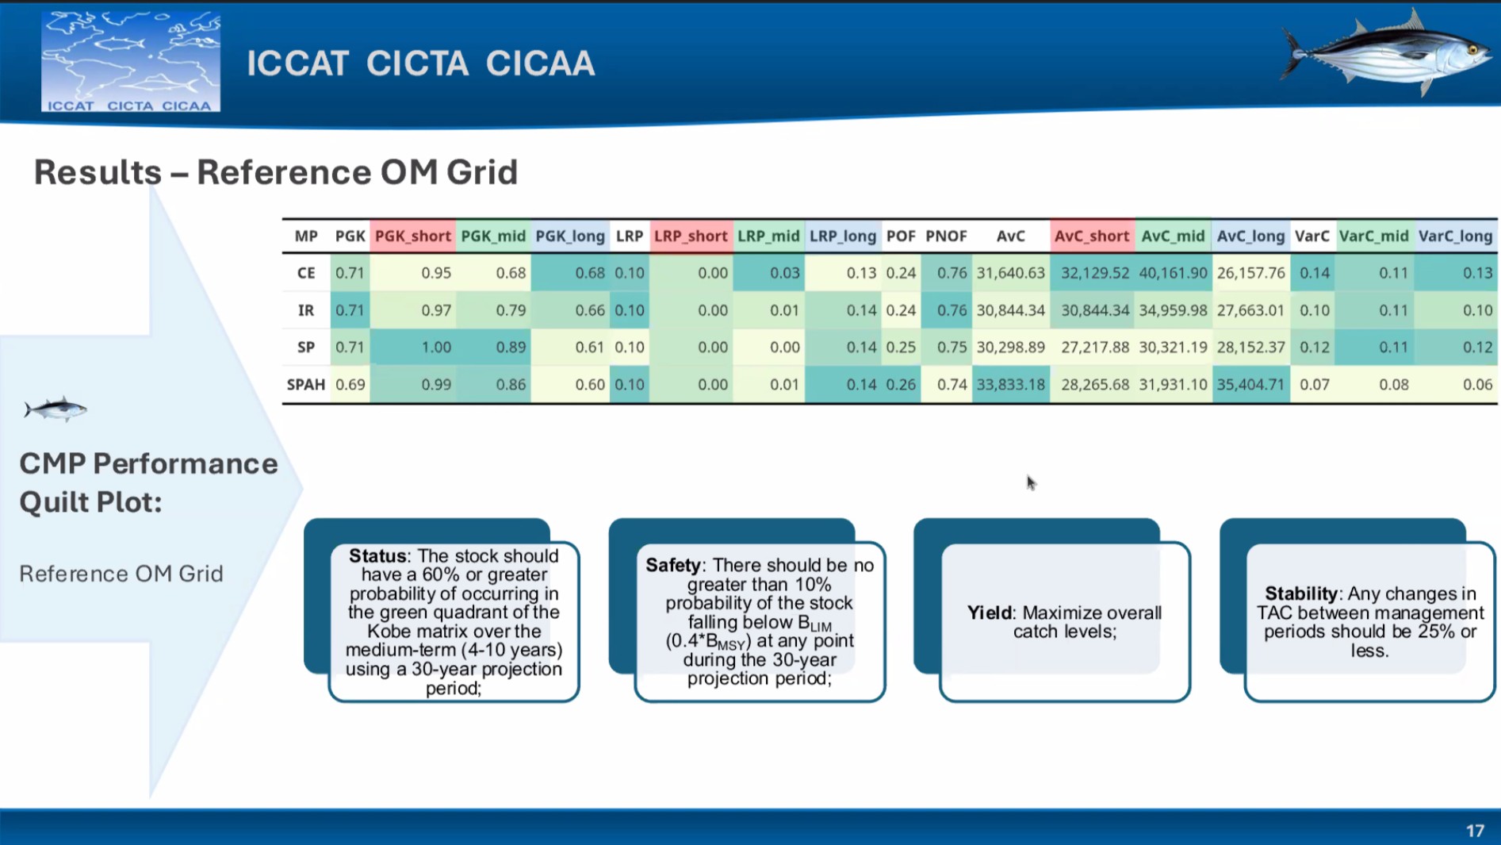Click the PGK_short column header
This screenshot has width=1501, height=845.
[412, 236]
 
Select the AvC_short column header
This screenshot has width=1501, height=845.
[1091, 236]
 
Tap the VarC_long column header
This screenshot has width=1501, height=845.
[1455, 236]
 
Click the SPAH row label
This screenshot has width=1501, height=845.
[306, 385]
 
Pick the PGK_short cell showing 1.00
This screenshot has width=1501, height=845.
[436, 348]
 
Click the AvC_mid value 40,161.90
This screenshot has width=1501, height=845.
[1173, 273]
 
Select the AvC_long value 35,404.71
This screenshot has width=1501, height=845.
[1250, 385]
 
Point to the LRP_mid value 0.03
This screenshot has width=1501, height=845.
[784, 273]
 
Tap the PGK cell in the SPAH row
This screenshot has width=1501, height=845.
[350, 385]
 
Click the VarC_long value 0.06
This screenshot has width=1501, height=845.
[1477, 385]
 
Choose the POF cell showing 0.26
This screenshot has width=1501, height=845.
[901, 385]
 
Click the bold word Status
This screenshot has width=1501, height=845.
[378, 556]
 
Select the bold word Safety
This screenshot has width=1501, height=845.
[673, 565]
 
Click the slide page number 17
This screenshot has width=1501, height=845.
[1475, 831]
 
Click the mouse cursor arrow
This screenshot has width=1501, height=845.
[1031, 482]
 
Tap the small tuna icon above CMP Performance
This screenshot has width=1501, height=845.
[56, 409]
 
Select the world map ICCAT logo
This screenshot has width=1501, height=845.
[131, 61]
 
